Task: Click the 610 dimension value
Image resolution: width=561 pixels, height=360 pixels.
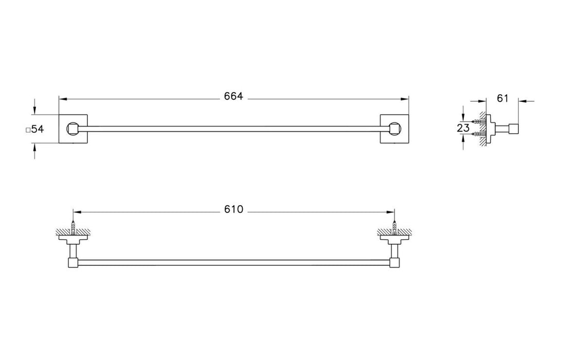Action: point(233,210)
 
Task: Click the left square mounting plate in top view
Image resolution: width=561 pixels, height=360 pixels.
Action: point(73,129)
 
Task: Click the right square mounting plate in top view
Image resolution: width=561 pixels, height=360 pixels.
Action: point(394,129)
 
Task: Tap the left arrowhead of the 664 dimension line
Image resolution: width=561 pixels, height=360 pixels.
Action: point(62,98)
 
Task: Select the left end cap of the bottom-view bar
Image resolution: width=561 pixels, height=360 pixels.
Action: point(74,263)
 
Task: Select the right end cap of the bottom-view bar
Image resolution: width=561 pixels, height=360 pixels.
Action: point(394,263)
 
